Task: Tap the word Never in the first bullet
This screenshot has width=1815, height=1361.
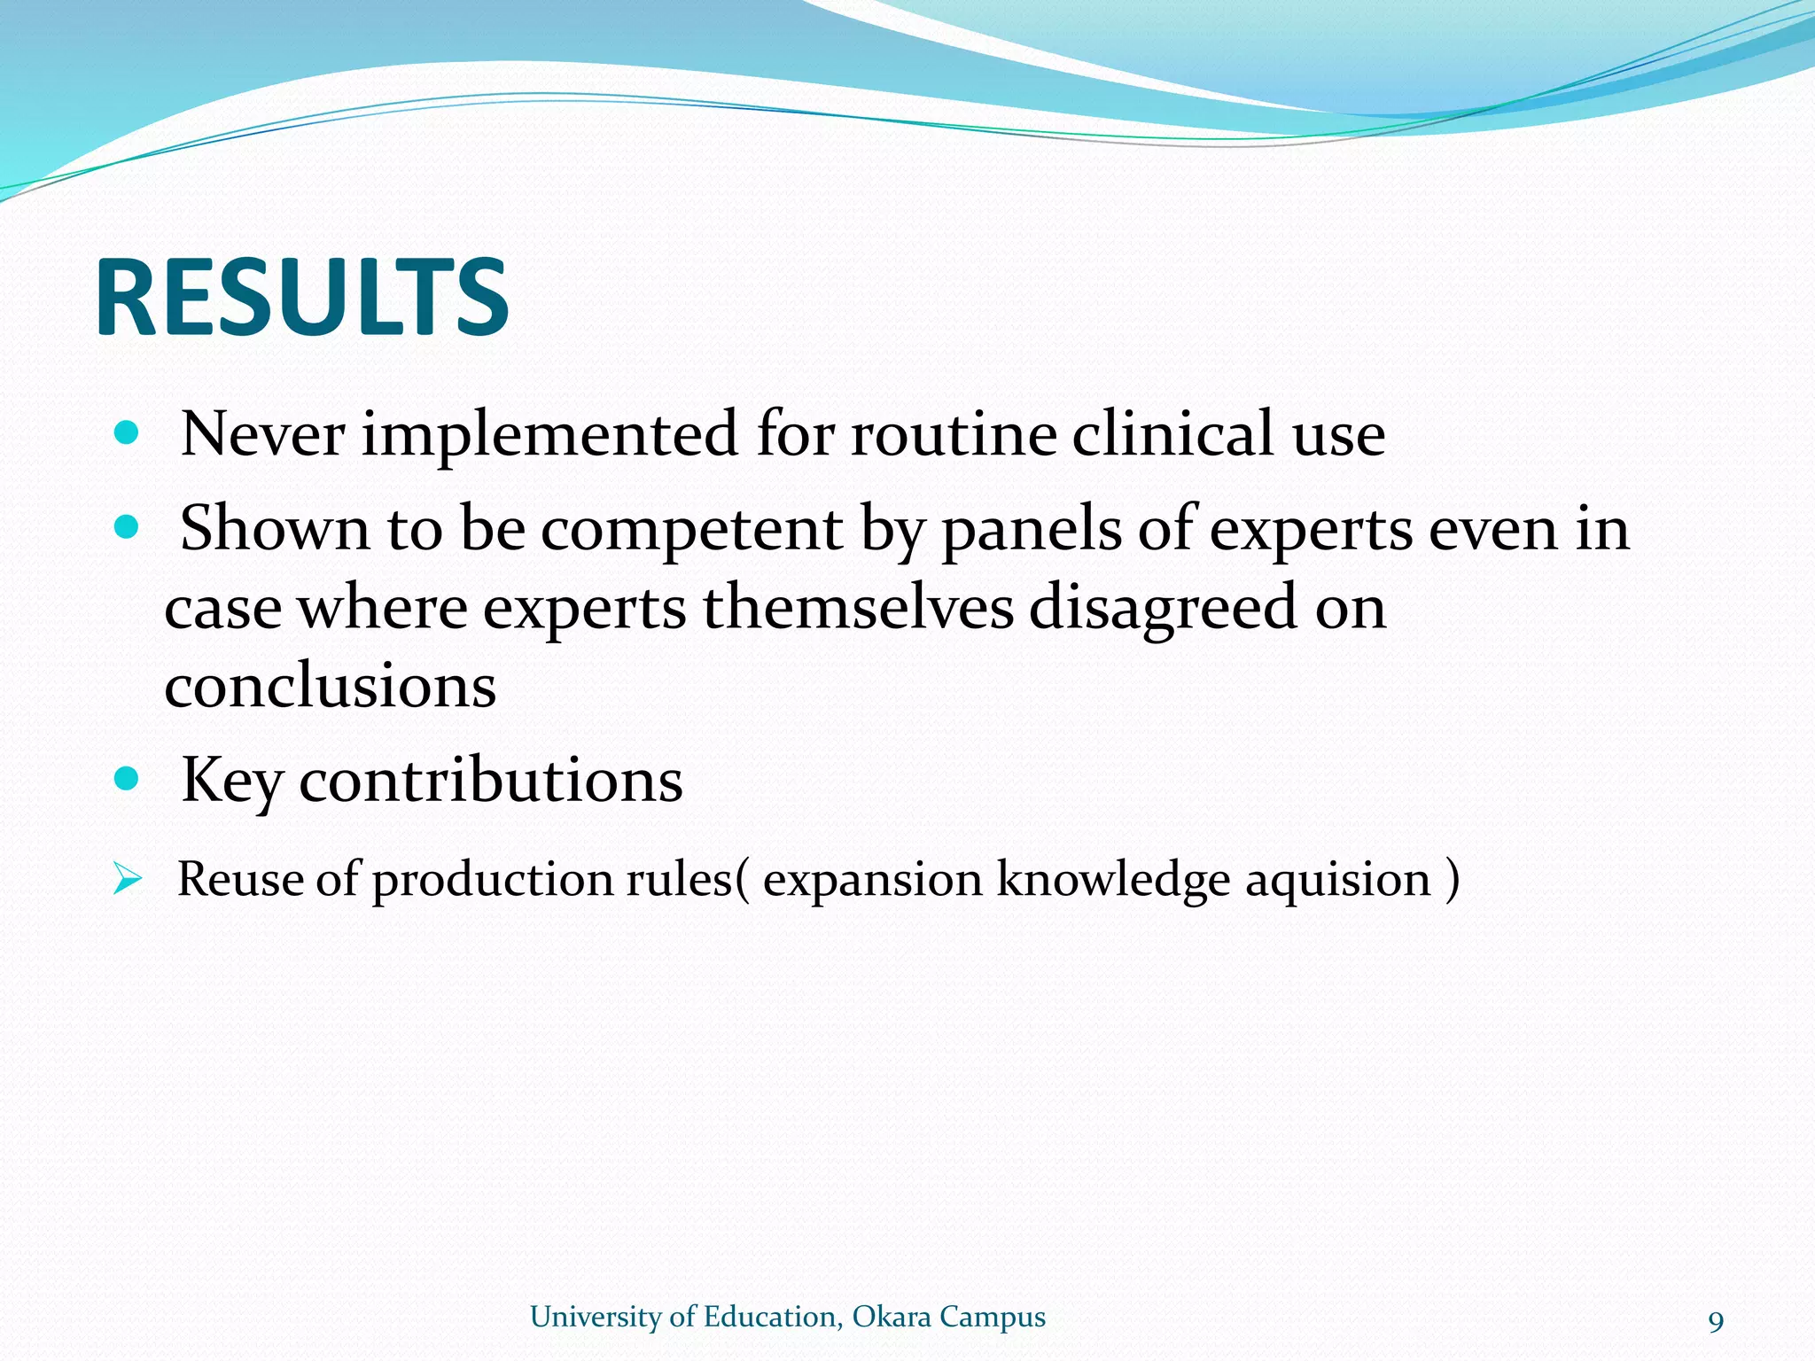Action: coord(262,434)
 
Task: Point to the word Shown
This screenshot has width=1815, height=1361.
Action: coord(274,528)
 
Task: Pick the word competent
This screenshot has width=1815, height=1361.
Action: coord(691,530)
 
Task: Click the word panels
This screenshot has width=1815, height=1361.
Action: coord(1031,530)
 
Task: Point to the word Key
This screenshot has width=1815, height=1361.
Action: coord(231,782)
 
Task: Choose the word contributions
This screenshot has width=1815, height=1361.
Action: coord(491,780)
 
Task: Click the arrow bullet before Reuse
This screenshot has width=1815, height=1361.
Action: coord(127,880)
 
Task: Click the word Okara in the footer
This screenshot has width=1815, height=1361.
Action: coord(891,1317)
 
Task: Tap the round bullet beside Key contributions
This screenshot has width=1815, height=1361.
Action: coord(128,779)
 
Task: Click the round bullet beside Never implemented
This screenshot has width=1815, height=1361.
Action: coord(128,433)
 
